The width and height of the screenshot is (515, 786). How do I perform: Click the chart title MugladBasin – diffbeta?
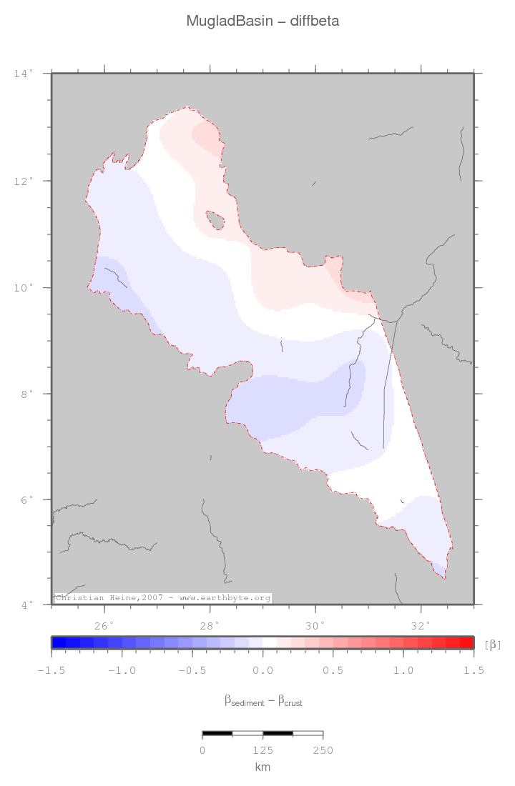point(263,21)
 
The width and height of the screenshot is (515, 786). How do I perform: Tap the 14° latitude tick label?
point(24,74)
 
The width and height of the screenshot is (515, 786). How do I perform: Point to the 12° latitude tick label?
point(24,181)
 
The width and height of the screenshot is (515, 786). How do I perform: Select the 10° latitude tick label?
point(24,287)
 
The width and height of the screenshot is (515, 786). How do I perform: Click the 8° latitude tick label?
point(26,394)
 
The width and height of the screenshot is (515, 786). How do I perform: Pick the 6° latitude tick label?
point(26,499)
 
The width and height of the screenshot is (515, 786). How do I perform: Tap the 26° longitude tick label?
point(104,625)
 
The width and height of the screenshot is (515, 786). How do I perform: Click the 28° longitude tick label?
point(210,625)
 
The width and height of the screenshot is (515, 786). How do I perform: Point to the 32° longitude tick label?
point(421,625)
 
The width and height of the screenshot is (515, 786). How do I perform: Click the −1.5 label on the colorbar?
point(51,670)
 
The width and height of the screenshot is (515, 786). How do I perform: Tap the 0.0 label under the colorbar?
point(263,670)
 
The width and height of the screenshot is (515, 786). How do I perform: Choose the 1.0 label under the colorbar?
point(403,670)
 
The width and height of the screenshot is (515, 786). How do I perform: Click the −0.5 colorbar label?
point(191,670)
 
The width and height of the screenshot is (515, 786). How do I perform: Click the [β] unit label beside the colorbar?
point(493,645)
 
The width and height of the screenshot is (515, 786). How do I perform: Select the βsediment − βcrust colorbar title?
point(263,701)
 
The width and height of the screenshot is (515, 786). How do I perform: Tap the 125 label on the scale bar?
point(263,750)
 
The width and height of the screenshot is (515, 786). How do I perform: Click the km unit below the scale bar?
point(263,767)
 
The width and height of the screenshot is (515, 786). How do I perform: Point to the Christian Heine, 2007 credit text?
point(162,597)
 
